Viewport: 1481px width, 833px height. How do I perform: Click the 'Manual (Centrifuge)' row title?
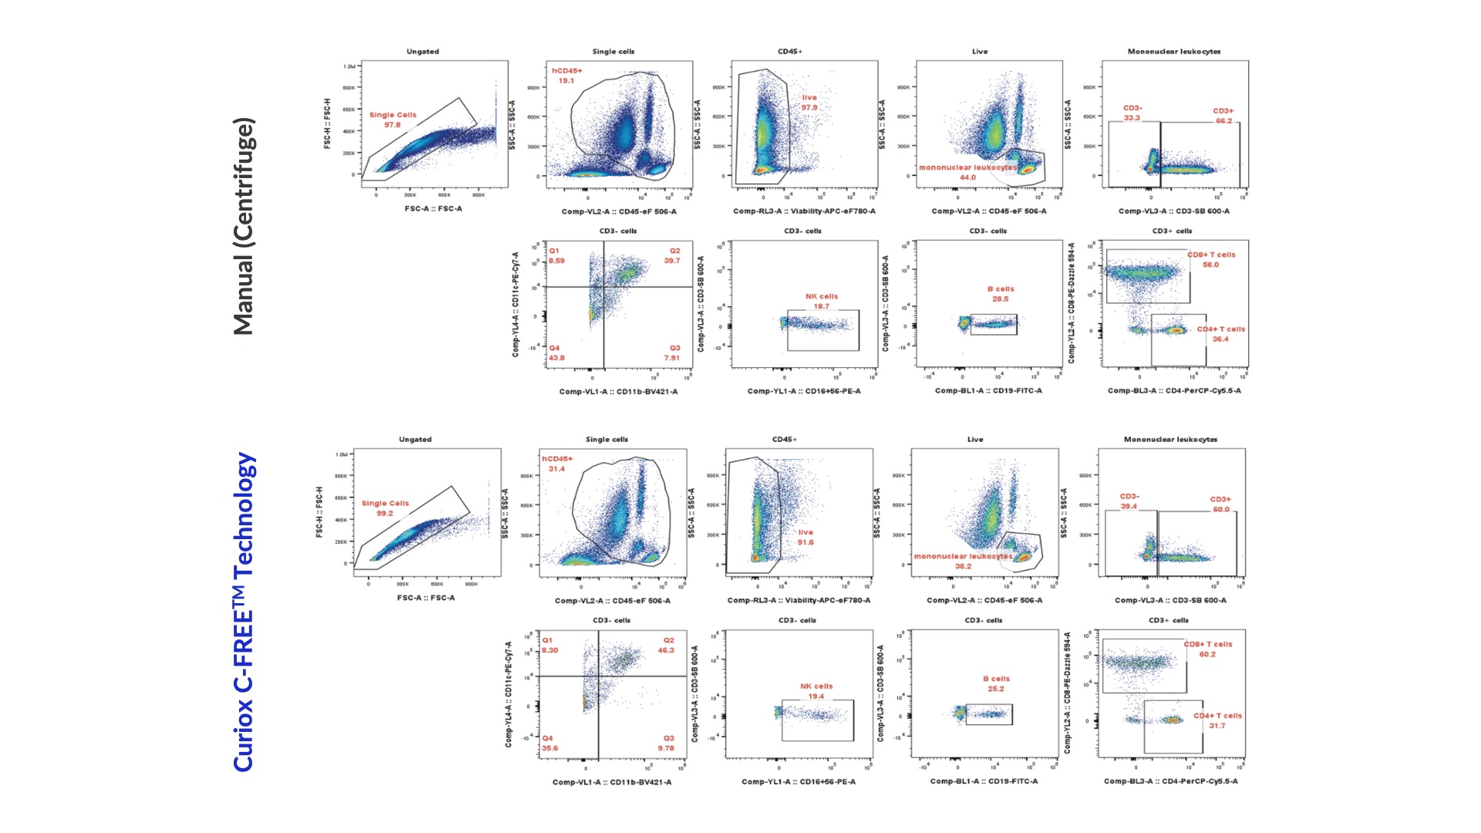(244, 226)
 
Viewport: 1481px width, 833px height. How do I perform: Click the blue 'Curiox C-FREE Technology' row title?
(244, 612)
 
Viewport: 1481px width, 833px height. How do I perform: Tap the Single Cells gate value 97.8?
(393, 125)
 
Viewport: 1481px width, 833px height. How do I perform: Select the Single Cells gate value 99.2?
(385, 513)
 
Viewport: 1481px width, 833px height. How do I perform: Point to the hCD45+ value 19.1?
(566, 81)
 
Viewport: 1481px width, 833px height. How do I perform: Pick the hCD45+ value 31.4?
(556, 469)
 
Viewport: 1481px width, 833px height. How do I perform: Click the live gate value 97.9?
(809, 107)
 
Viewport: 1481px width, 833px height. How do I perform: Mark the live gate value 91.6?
(805, 542)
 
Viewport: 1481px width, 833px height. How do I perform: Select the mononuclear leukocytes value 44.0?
(967, 177)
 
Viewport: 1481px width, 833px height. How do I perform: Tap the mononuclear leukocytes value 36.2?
(963, 566)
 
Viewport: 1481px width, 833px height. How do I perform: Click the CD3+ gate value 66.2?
(1223, 121)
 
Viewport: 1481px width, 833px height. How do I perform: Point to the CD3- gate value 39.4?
(1128, 507)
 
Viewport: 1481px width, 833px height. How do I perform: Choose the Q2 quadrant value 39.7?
(672, 261)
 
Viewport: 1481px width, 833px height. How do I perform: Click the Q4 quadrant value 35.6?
(549, 748)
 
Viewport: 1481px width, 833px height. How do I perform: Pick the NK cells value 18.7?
(821, 306)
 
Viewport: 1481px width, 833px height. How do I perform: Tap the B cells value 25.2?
(996, 689)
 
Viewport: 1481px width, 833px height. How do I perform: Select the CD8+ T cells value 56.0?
(1210, 265)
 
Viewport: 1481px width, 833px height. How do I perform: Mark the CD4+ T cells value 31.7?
(1216, 726)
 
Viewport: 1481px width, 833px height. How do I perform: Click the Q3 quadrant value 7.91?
(672, 358)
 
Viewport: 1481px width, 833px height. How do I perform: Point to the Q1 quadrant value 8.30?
(549, 650)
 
